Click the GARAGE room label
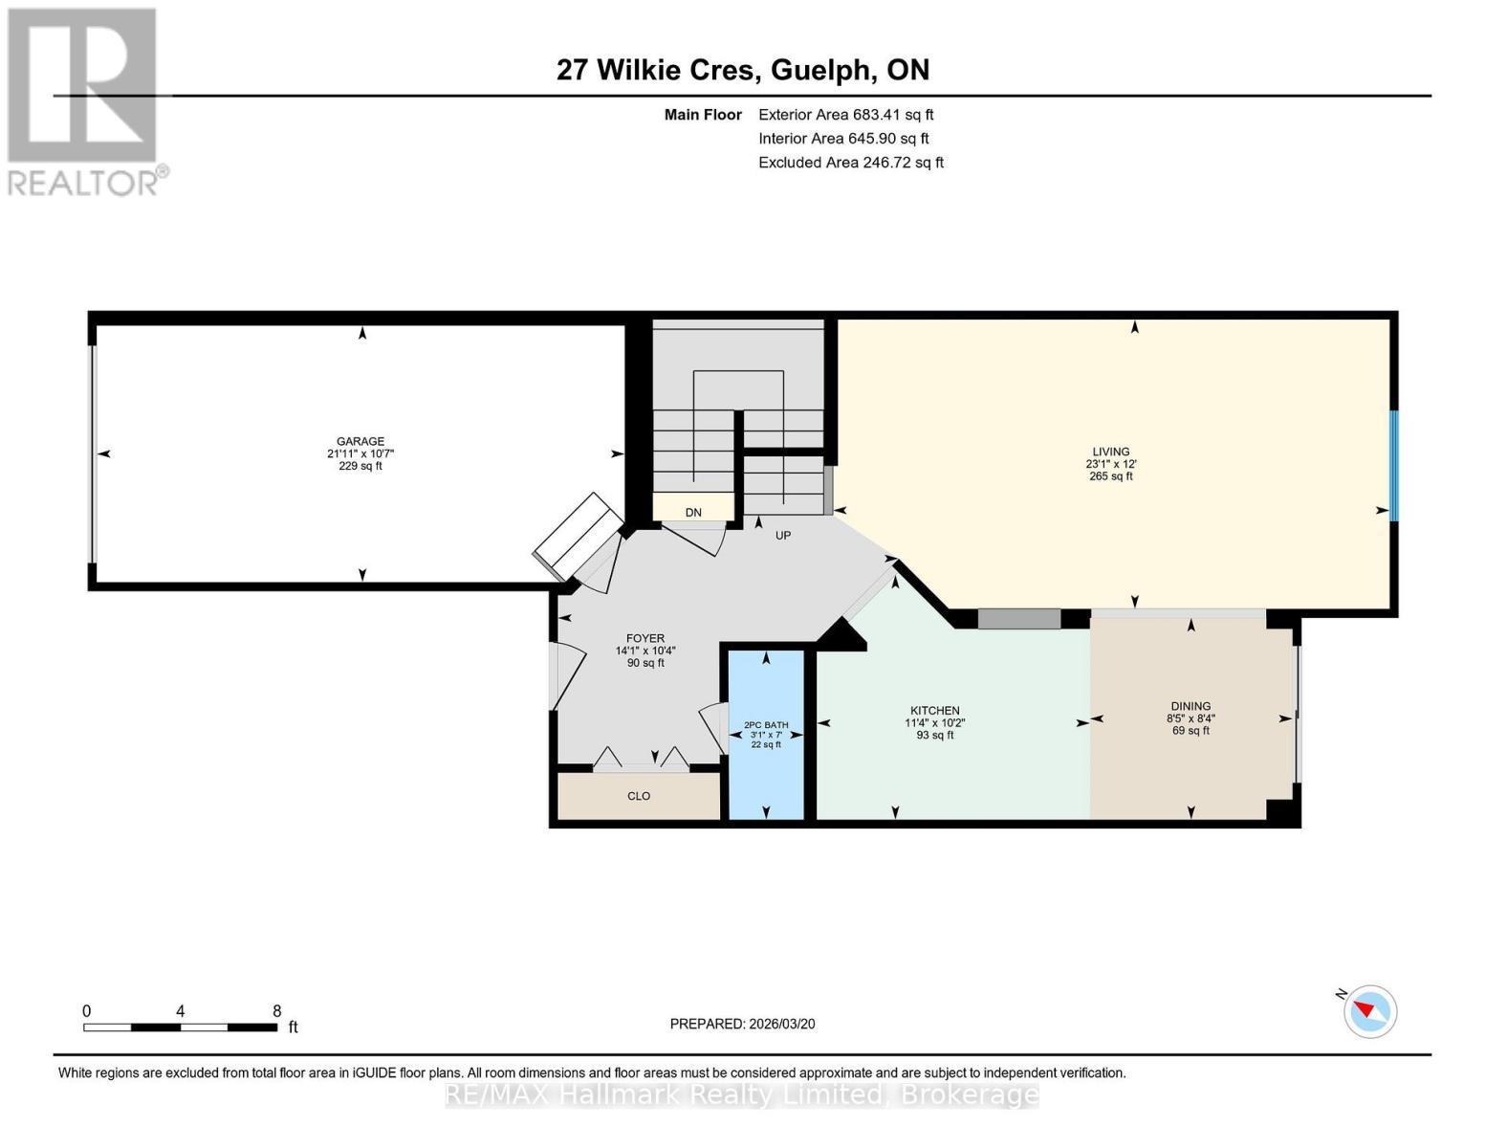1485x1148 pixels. click(x=360, y=442)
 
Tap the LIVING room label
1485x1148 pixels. click(x=1110, y=452)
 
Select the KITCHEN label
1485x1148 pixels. click(x=934, y=711)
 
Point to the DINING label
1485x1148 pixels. click(x=1190, y=706)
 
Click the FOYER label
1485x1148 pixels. click(x=645, y=639)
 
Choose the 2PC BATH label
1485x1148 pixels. click(x=766, y=725)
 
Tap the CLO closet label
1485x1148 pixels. click(x=639, y=796)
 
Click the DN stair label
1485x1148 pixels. click(x=693, y=512)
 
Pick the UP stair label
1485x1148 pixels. click(x=783, y=536)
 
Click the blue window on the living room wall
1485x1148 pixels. click(x=1394, y=466)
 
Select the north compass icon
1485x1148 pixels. click(x=1369, y=1011)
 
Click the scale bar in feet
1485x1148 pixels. click(x=181, y=1027)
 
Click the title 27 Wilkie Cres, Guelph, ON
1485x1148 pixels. click(x=743, y=70)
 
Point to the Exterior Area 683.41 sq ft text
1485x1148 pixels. click(x=845, y=115)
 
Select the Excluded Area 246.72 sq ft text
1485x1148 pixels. click(x=851, y=163)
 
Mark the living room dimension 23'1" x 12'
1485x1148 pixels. click(x=1110, y=464)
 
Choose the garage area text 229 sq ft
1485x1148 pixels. click(x=360, y=466)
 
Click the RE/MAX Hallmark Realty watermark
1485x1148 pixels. click(x=742, y=1095)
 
